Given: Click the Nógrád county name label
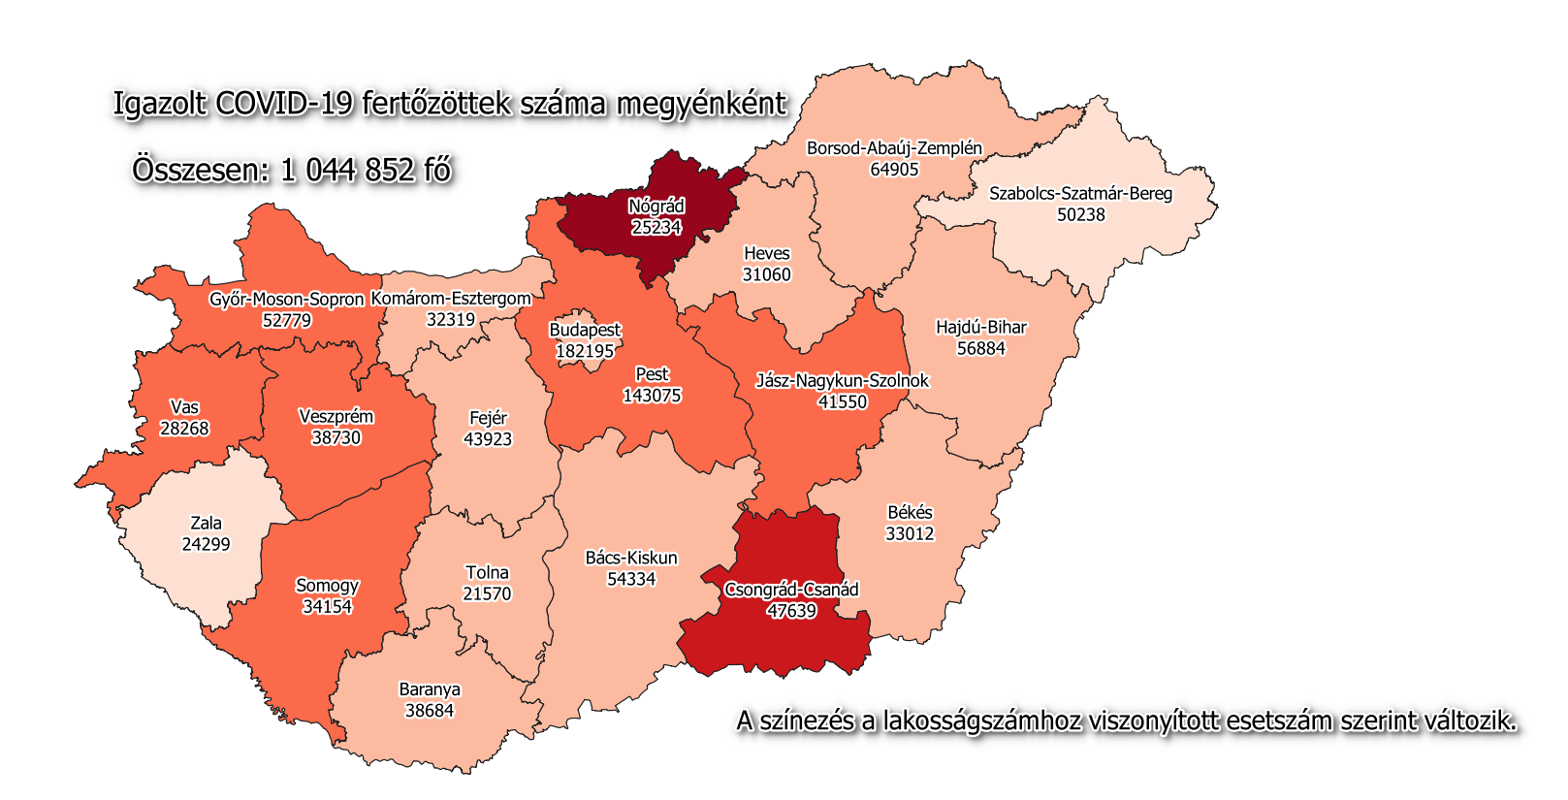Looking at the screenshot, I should click(656, 207).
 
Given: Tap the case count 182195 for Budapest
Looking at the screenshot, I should click(585, 351).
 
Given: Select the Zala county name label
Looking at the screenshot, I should click(206, 524).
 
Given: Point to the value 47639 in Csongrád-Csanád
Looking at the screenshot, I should click(791, 611).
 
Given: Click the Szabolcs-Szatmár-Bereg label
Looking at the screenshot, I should click(1080, 194).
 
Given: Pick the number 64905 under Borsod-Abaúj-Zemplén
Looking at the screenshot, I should click(894, 170).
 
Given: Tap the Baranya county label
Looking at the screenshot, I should click(430, 689).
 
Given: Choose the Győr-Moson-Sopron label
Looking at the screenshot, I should click(286, 300).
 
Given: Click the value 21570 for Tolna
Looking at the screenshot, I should click(487, 593).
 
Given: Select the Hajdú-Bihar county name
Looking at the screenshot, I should click(980, 328).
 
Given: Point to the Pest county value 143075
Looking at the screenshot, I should click(652, 396).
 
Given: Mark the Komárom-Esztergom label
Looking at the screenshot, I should click(451, 299).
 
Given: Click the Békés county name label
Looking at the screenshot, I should click(910, 513).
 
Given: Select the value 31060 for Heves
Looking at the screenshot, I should click(766, 274).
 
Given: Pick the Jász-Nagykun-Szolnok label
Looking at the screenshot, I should click(842, 381).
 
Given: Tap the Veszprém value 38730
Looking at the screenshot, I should click(336, 438).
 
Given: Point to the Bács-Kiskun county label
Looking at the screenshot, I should click(631, 559).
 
